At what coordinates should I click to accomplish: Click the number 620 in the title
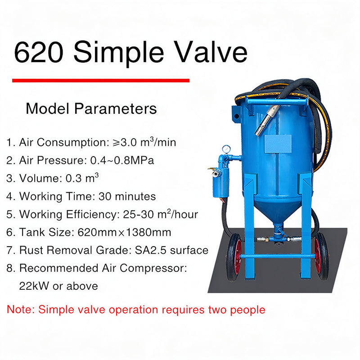(x=39, y=52)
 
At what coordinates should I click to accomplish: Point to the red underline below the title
(x=101, y=81)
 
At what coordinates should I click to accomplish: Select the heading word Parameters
(x=115, y=108)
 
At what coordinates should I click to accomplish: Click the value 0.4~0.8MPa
(x=122, y=160)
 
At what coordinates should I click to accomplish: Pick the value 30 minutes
(x=127, y=196)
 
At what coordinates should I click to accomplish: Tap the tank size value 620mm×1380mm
(x=125, y=232)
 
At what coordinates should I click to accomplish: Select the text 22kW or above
(x=58, y=286)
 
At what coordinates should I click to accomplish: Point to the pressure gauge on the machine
(x=226, y=149)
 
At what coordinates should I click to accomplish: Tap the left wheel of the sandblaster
(x=234, y=257)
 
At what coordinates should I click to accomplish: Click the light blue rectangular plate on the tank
(x=278, y=144)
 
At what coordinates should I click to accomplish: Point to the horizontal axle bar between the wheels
(x=278, y=256)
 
